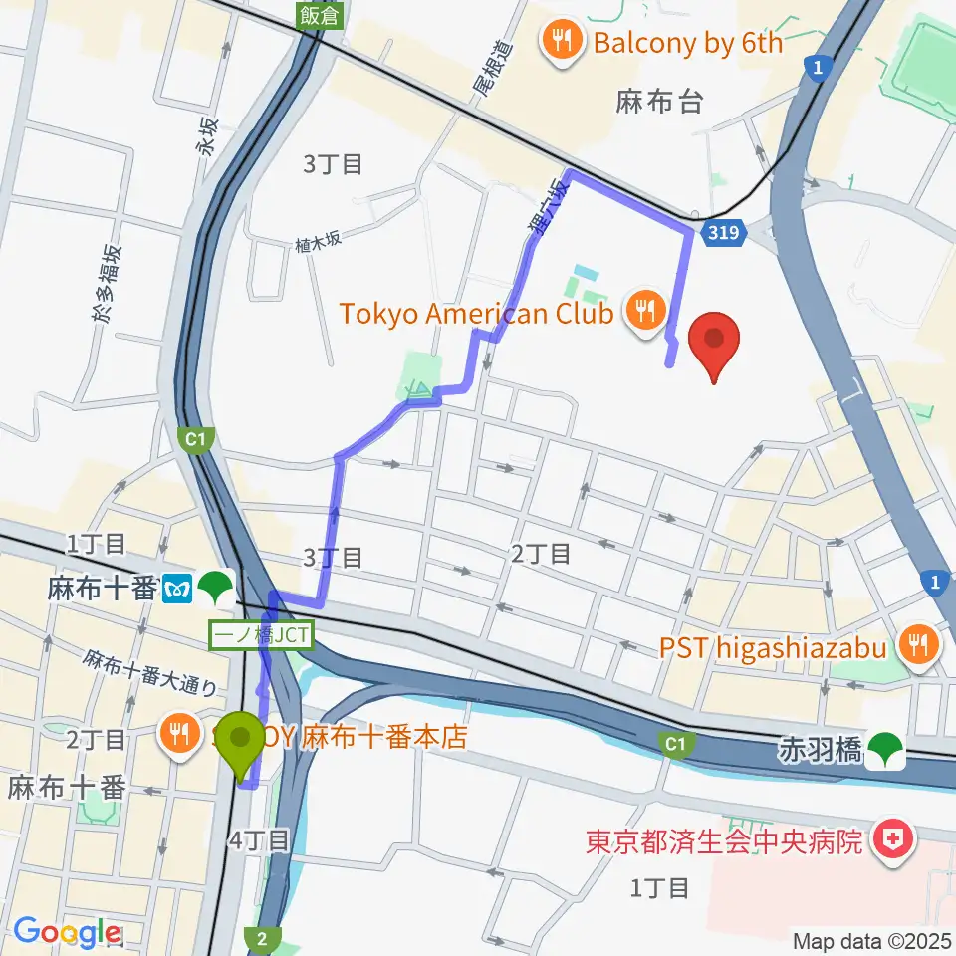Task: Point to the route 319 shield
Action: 725,235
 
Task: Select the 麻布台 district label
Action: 659,101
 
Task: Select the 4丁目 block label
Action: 259,839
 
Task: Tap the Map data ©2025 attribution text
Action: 871,941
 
